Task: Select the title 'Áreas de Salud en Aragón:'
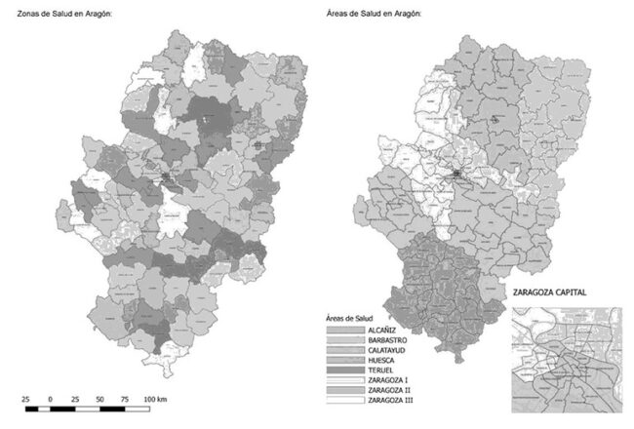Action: pos(372,12)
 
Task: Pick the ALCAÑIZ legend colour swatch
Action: pos(345,331)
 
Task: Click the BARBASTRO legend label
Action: pos(386,342)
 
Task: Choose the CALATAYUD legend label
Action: pos(386,353)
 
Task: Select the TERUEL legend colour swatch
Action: pos(345,374)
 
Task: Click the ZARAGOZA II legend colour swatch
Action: pos(345,396)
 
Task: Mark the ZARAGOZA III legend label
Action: pos(390,407)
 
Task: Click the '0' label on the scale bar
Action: pos(49,400)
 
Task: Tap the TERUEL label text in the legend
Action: pos(380,374)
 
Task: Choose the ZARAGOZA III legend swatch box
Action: pos(345,407)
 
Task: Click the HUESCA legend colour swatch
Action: pos(345,364)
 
